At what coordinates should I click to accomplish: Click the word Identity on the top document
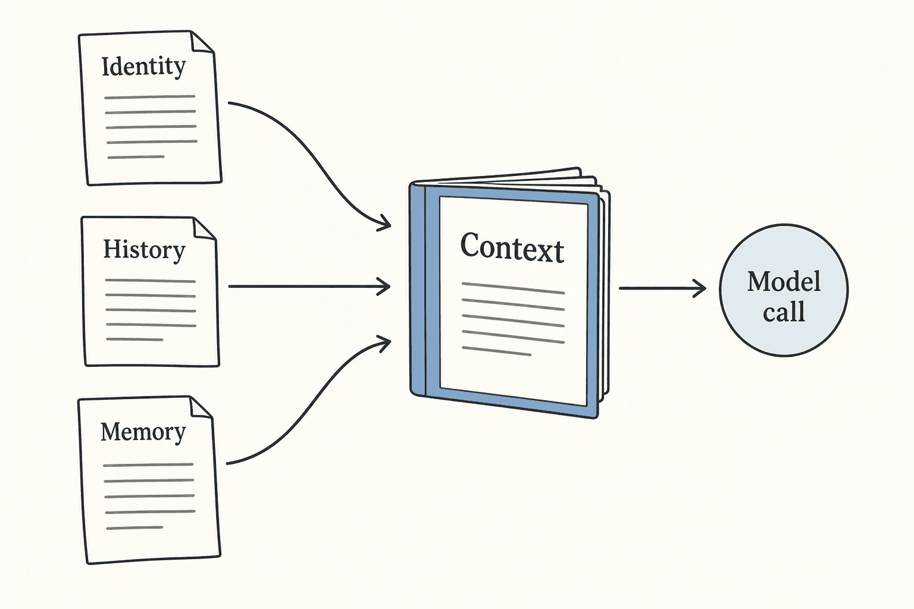[x=143, y=67]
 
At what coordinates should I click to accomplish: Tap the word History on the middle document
[x=145, y=249]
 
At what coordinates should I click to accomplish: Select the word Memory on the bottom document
[x=143, y=432]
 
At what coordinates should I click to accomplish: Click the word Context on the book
[x=512, y=247]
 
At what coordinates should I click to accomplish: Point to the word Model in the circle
[x=784, y=281]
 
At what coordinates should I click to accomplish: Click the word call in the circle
[x=784, y=312]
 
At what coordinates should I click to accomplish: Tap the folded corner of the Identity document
[x=202, y=42]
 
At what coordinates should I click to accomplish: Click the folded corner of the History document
[x=205, y=228]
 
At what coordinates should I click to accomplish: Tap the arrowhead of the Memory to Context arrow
[x=384, y=343]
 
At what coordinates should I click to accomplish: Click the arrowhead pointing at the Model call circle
[x=700, y=288]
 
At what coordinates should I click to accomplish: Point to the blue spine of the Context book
[x=417, y=290]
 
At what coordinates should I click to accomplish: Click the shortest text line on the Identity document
[x=136, y=156]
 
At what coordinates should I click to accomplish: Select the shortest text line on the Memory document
[x=134, y=528]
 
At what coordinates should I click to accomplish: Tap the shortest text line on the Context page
[x=497, y=351]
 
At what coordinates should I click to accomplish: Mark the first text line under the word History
[x=150, y=281]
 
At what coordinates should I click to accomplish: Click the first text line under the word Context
[x=514, y=288]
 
